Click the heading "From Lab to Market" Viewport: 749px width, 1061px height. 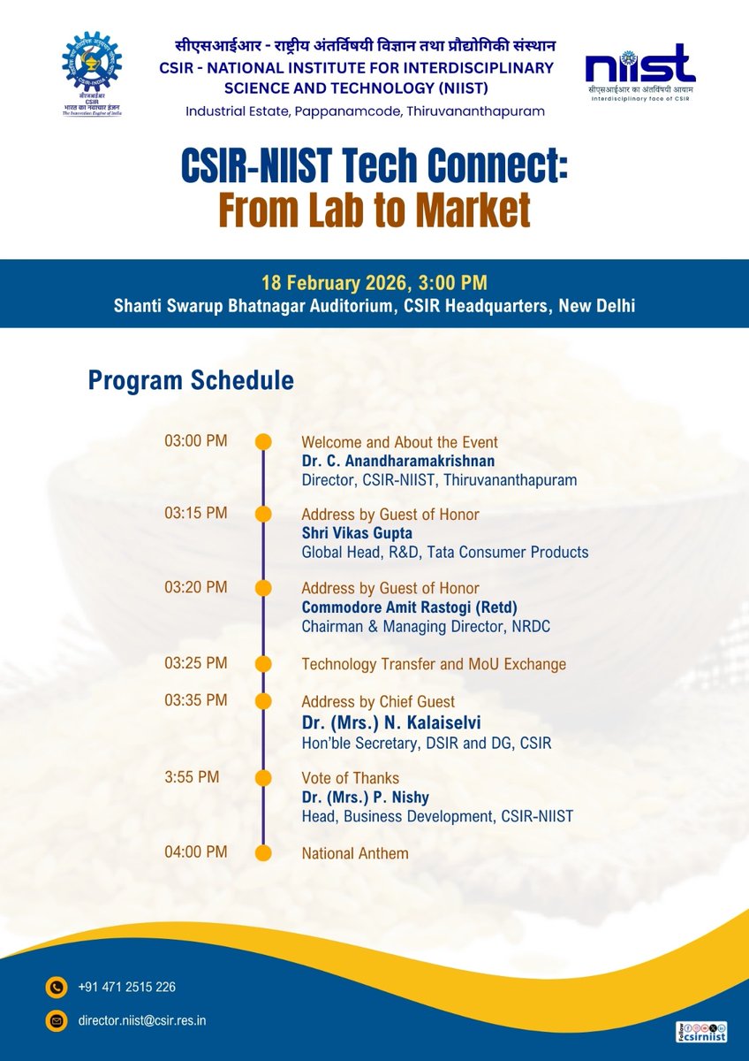[374, 210]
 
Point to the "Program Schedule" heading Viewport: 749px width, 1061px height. [191, 381]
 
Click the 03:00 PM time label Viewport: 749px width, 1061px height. [196, 440]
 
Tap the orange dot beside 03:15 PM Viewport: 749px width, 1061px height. [263, 515]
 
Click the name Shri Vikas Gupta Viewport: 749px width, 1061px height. [358, 533]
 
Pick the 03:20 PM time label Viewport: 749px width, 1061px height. [196, 587]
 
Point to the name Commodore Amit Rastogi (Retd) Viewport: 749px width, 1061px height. [409, 607]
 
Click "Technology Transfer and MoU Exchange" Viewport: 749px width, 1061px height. [434, 664]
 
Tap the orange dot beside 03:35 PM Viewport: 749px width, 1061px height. [263, 701]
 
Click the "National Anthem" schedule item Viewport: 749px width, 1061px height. [355, 853]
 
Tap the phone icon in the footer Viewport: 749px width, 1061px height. [57, 987]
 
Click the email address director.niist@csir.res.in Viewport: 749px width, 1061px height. [142, 1020]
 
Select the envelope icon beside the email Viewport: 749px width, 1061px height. [57, 1021]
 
